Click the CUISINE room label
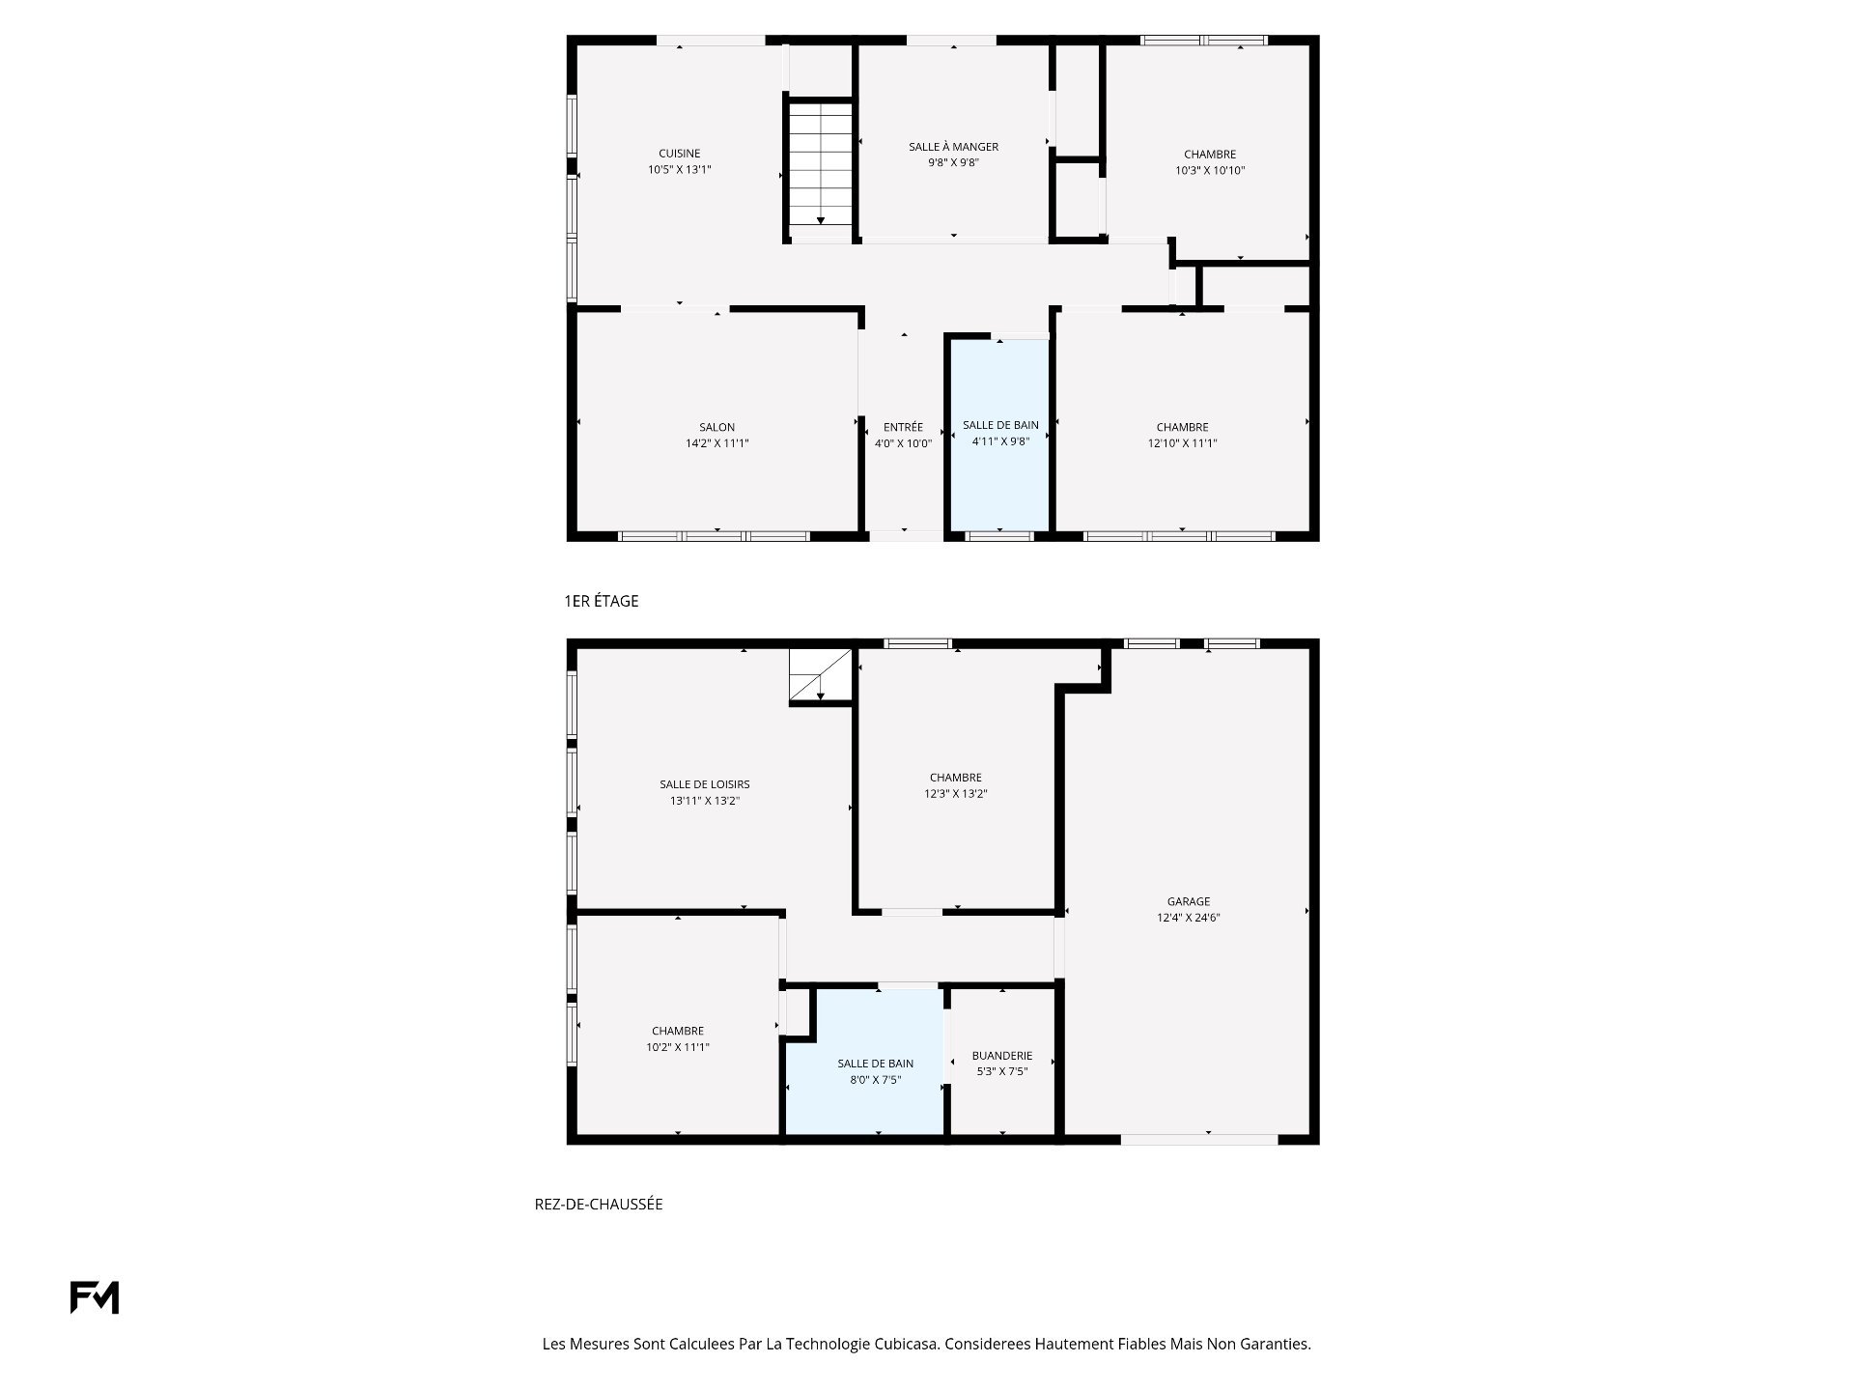[680, 154]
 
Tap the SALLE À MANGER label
[953, 147]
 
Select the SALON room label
[716, 427]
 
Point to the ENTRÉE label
[903, 427]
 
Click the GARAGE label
[1188, 901]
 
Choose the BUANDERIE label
[1002, 1056]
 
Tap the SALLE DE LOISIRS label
[705, 784]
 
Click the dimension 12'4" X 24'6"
[1188, 918]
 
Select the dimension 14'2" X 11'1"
[716, 443]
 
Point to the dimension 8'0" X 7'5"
[875, 1080]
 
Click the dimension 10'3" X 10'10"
[1210, 170]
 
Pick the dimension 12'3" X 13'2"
[955, 794]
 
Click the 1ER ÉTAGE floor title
[601, 601]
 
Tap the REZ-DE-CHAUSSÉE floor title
[599, 1205]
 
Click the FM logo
[95, 1297]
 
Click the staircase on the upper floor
[820, 164]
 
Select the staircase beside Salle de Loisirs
[821, 674]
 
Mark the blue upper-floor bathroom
[1001, 435]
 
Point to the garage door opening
[1199, 1140]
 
